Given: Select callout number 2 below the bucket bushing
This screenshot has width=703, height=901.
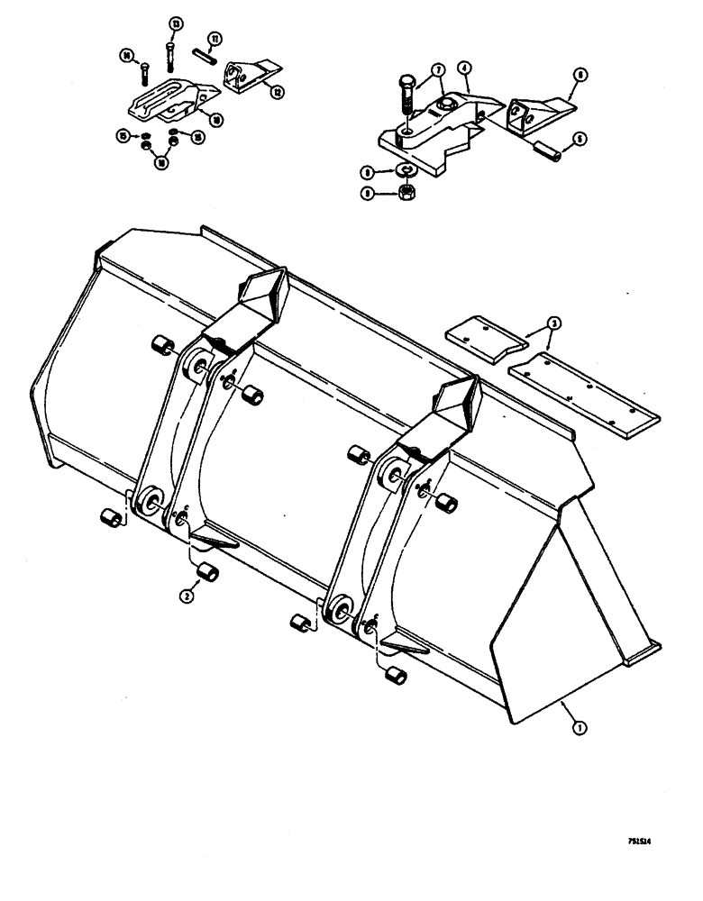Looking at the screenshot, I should [187, 595].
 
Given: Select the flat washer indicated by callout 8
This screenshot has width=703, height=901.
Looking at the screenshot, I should [406, 169].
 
